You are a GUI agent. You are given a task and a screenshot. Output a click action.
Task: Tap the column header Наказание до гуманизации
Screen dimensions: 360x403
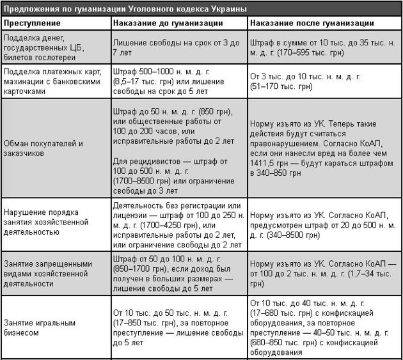point(168,22)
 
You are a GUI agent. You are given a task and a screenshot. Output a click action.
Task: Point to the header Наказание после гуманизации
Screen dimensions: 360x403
point(312,22)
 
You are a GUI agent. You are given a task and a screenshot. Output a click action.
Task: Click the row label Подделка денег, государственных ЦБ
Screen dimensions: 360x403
point(45,47)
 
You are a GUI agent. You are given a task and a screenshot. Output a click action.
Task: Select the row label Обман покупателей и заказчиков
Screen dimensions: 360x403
point(43,148)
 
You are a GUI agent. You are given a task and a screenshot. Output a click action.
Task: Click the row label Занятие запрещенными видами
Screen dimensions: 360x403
point(45,274)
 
